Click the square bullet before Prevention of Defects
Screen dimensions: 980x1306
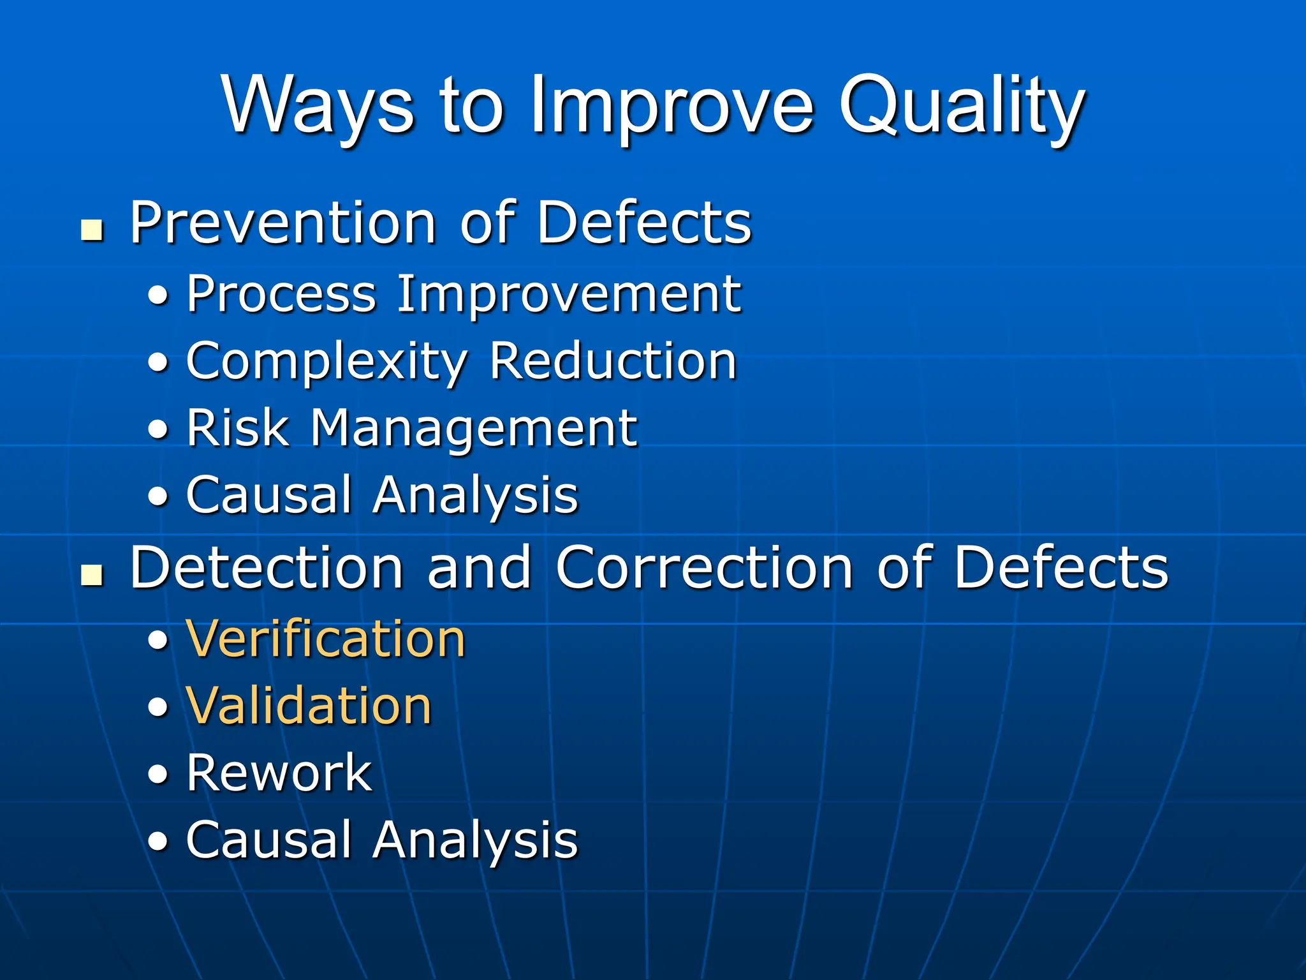point(92,230)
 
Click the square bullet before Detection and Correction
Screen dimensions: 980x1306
point(92,575)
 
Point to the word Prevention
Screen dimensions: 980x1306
point(282,223)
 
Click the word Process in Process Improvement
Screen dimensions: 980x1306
point(281,295)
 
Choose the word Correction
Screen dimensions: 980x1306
point(704,567)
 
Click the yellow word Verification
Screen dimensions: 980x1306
point(326,639)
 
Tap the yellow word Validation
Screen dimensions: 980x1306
point(309,706)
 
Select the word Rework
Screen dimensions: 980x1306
point(279,773)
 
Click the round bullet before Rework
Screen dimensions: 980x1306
point(158,775)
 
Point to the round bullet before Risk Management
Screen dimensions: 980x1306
point(158,430)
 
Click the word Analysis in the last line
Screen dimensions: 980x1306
point(475,841)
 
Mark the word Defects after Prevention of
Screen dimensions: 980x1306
point(645,223)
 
